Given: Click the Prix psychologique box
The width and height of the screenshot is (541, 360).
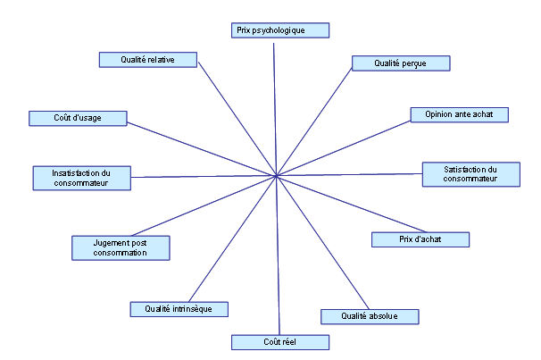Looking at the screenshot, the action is (x=280, y=30).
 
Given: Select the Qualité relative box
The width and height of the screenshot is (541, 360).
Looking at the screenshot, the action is (x=148, y=60).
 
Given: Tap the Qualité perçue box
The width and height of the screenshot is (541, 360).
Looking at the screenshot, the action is (x=401, y=63).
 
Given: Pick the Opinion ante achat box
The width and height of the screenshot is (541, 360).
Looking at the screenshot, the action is (x=459, y=114).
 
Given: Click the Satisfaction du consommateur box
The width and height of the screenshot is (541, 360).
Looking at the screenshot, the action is (x=471, y=174).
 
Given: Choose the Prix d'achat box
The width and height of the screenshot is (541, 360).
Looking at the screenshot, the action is (x=420, y=239).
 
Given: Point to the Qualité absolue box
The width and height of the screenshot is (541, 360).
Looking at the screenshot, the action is (x=370, y=316).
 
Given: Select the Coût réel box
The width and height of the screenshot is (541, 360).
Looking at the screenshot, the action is (x=280, y=342).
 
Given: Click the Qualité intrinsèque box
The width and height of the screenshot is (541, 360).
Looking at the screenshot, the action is (x=179, y=309).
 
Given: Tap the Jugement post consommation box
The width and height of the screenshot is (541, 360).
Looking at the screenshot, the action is (x=121, y=247).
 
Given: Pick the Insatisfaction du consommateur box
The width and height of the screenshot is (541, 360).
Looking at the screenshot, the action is (x=82, y=178).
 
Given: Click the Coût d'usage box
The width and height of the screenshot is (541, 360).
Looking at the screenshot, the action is (x=78, y=119).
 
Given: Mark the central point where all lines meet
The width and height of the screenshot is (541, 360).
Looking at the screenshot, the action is (x=277, y=176).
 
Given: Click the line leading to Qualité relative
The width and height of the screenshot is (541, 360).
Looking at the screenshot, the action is (x=237, y=119).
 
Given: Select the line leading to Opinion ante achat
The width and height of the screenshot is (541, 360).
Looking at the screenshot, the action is (x=344, y=148).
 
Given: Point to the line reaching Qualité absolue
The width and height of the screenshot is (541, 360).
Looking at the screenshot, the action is (x=322, y=243).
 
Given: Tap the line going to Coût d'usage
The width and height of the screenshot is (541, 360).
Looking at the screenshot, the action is (x=202, y=149).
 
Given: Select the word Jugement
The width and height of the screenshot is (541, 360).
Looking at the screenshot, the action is (x=106, y=243).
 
